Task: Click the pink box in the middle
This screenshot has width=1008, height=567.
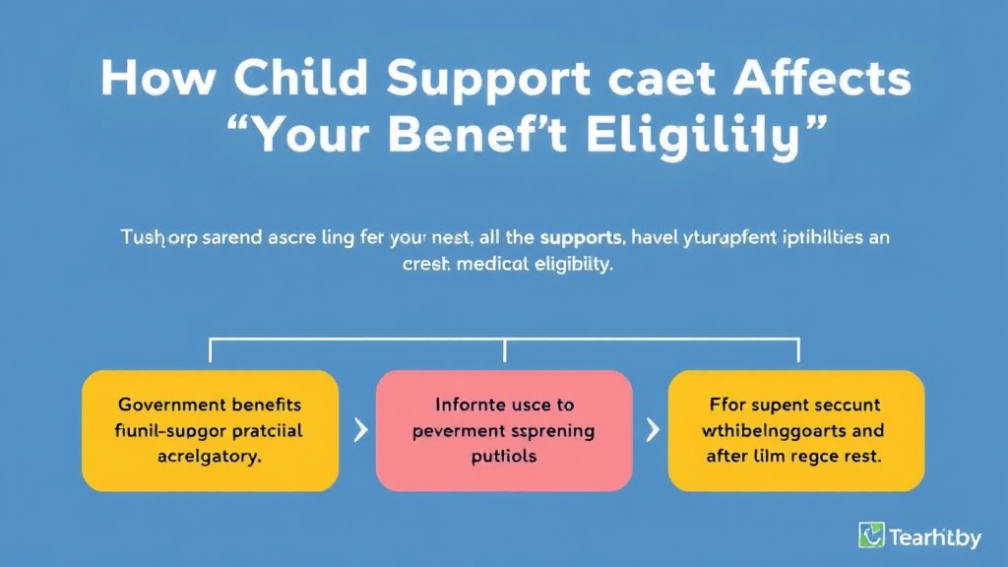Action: [x=505, y=430]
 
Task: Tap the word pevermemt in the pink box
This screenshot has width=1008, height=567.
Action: [x=463, y=430]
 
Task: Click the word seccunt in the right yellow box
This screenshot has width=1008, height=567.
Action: [x=842, y=405]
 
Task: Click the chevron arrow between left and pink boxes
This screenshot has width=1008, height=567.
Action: [x=359, y=430]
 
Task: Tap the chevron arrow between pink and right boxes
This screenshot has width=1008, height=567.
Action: [x=651, y=430]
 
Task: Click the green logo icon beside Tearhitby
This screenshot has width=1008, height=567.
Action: [x=871, y=535]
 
